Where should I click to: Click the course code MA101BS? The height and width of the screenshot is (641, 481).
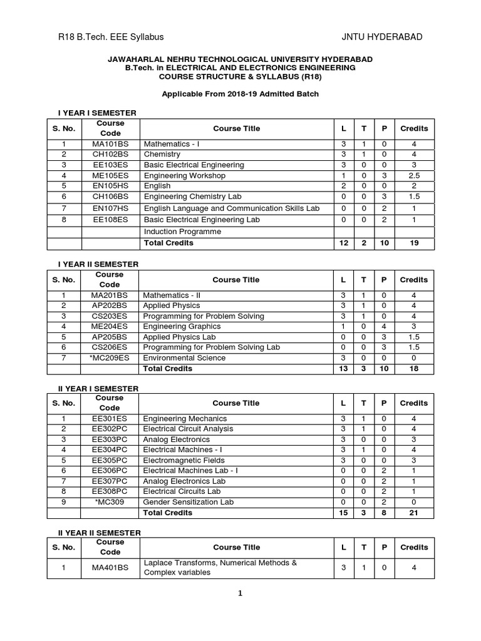click(x=110, y=143)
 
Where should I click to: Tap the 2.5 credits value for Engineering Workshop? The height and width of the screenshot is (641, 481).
click(x=413, y=176)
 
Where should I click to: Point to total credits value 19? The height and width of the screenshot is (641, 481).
click(x=413, y=243)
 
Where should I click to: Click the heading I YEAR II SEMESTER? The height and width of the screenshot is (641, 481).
click(x=98, y=265)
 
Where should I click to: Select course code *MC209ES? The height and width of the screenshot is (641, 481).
click(x=110, y=358)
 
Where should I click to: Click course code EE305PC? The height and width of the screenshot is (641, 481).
click(x=110, y=460)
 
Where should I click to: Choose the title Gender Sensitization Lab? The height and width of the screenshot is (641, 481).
click(x=188, y=502)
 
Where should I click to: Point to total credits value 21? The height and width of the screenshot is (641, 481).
click(x=413, y=513)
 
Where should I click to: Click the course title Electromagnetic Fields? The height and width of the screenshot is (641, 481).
click(x=182, y=460)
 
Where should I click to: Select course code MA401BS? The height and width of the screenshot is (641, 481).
click(x=110, y=568)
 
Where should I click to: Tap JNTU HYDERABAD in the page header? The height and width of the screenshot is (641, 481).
click(x=382, y=37)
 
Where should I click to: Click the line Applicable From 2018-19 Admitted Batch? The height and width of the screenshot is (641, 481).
click(x=240, y=94)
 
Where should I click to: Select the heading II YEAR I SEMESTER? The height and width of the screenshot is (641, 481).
click(x=98, y=389)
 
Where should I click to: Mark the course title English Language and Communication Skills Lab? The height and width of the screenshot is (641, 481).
click(x=232, y=208)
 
